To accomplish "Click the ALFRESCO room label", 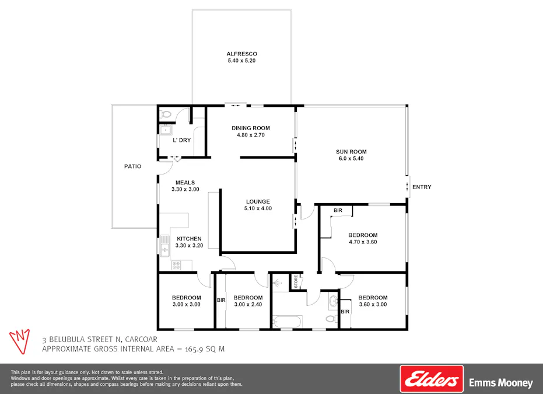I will coord(242,54).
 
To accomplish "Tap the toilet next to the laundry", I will coord(166,114).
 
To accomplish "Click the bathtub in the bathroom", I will coord(287,321).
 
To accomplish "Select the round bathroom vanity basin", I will coord(332,302).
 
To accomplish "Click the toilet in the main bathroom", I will coord(330,319).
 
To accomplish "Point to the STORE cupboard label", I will coord(296,281).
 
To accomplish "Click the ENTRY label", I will coord(422,187).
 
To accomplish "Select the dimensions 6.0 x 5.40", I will coord(351,159).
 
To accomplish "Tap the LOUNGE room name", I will coord(257,202).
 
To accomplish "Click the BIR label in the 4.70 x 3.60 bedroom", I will coord(338,210).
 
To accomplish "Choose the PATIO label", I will coord(133,166).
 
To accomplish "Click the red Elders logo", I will coord(431,379).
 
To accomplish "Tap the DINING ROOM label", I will coord(250,128).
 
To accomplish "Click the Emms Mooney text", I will coord(501,383).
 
